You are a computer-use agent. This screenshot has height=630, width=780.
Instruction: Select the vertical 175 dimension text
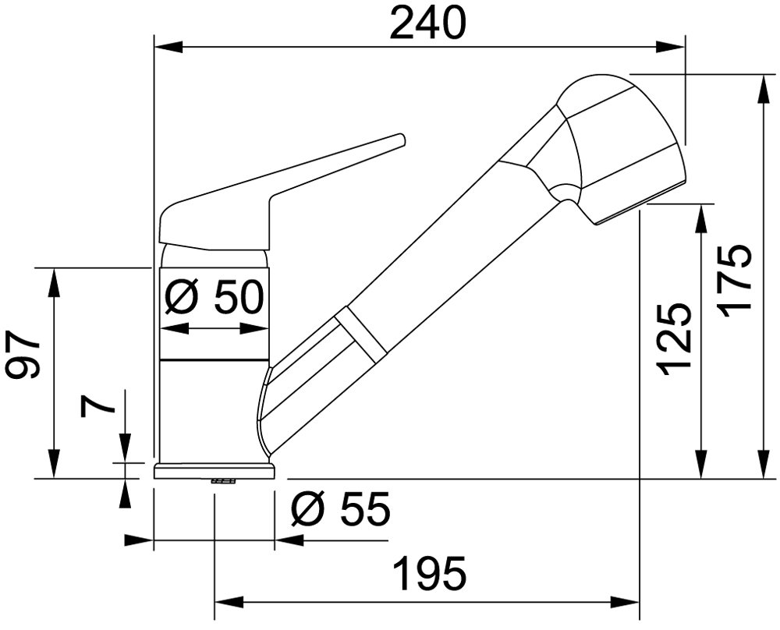(x=733, y=281)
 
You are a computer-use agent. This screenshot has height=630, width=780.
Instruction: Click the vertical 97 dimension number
(x=22, y=354)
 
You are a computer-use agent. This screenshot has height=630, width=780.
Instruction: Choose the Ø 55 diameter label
(x=341, y=510)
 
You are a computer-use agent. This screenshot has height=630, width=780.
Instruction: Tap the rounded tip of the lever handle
(x=400, y=140)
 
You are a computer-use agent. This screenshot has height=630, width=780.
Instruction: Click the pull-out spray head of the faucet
(x=619, y=149)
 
